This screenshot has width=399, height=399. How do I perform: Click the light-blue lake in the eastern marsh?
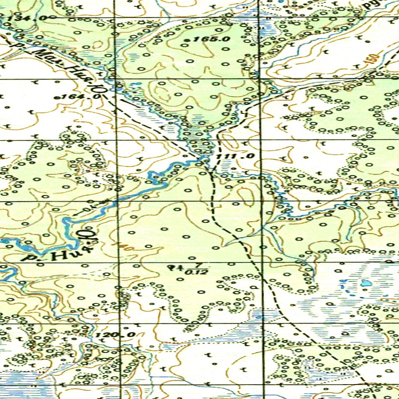click(x=366, y=283)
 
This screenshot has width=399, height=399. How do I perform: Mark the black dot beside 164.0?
click(x=57, y=97)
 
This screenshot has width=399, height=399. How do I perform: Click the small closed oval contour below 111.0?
click(x=245, y=194)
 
